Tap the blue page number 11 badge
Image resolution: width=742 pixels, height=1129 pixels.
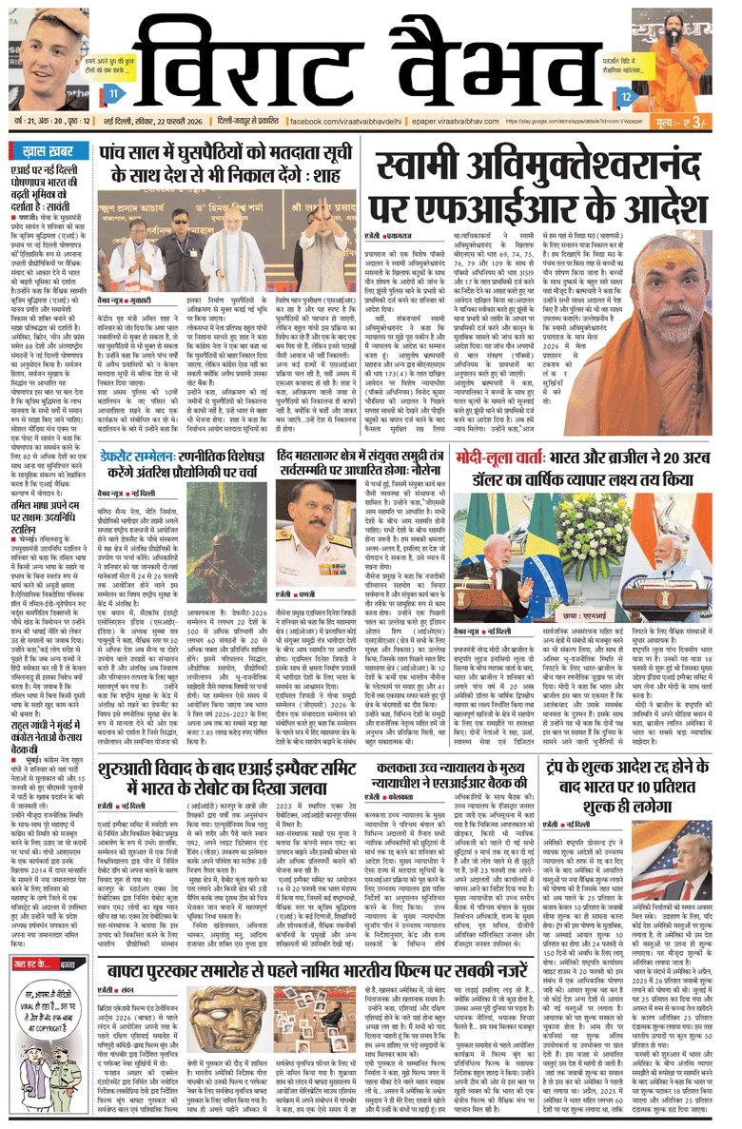coord(113,93)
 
